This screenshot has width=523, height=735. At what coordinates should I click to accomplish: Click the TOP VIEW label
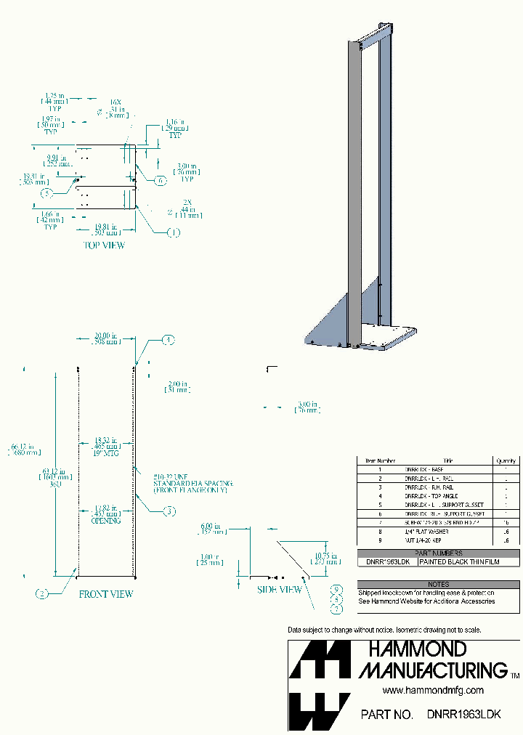point(105,245)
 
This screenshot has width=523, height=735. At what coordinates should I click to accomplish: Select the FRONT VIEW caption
point(106,594)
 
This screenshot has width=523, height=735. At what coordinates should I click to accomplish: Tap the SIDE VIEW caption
point(280,590)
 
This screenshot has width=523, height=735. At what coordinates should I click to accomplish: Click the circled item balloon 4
point(168,340)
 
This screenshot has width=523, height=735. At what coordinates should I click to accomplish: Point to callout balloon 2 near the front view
point(42,594)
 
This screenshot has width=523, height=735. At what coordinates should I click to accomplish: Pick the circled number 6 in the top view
point(161,179)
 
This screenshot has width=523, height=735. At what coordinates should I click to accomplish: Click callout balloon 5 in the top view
point(46,193)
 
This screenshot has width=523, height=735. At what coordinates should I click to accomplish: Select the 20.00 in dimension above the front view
point(105,339)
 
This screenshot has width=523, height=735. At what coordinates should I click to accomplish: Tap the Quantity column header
point(506,460)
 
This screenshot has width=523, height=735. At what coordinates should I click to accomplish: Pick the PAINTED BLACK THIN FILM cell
point(459,562)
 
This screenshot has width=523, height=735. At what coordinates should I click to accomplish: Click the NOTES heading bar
point(438,584)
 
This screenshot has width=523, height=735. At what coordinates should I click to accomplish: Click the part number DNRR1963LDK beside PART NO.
point(463,715)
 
